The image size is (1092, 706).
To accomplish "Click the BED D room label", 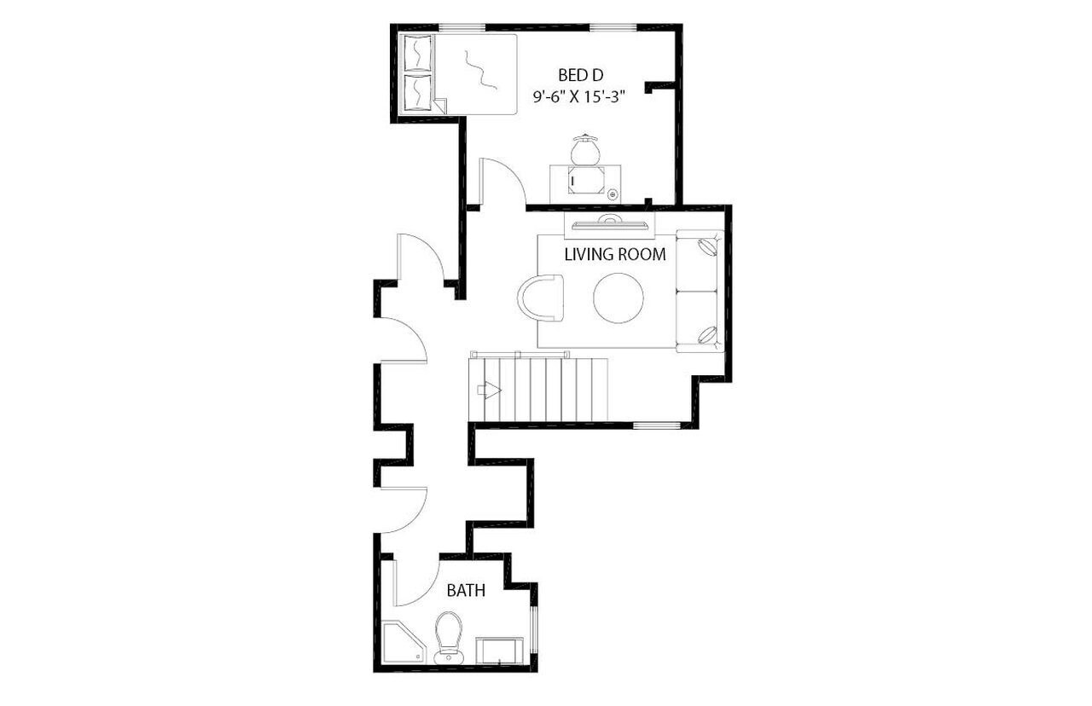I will point(580,74).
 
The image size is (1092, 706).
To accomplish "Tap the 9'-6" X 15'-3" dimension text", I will point(580,97).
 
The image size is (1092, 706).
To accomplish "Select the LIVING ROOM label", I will point(614,254).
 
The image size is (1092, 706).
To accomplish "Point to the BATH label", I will point(466,589).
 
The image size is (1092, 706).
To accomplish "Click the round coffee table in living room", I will point(619,298).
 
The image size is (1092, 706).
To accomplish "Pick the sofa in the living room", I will point(700,291).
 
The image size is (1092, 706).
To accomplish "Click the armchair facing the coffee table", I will point(543,298).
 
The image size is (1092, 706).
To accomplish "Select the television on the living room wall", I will point(609,224).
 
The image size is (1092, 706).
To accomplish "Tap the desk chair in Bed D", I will point(585,151).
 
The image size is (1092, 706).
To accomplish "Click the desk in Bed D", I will point(586,183).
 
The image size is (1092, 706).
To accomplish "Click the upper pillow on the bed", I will point(417,54).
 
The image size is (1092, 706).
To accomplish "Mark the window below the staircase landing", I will point(656,425).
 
